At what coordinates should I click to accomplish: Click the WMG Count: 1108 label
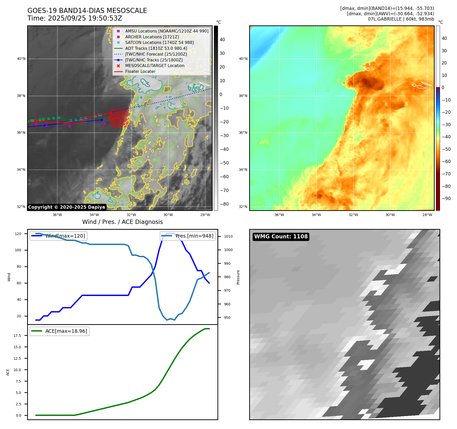click(281, 237)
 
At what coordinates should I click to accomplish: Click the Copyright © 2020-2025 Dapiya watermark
click(66, 207)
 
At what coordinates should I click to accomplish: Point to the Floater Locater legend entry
click(140, 71)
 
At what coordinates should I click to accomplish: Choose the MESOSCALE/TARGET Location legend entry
click(155, 65)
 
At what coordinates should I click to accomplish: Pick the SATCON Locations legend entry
click(159, 42)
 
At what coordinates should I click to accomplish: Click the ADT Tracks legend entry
click(156, 48)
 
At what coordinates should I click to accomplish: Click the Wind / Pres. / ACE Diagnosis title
click(122, 222)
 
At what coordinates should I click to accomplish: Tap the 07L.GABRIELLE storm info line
click(401, 19)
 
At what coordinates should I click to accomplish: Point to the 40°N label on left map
click(21, 59)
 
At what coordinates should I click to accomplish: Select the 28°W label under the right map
click(427, 215)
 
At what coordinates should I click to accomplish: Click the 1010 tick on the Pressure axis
click(228, 236)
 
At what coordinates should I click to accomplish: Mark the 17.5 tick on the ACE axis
click(17, 336)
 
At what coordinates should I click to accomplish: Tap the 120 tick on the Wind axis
click(18, 234)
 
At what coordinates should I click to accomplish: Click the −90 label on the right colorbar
click(446, 199)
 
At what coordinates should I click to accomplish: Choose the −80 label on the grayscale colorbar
click(224, 204)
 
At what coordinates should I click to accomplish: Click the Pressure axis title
click(238, 277)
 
